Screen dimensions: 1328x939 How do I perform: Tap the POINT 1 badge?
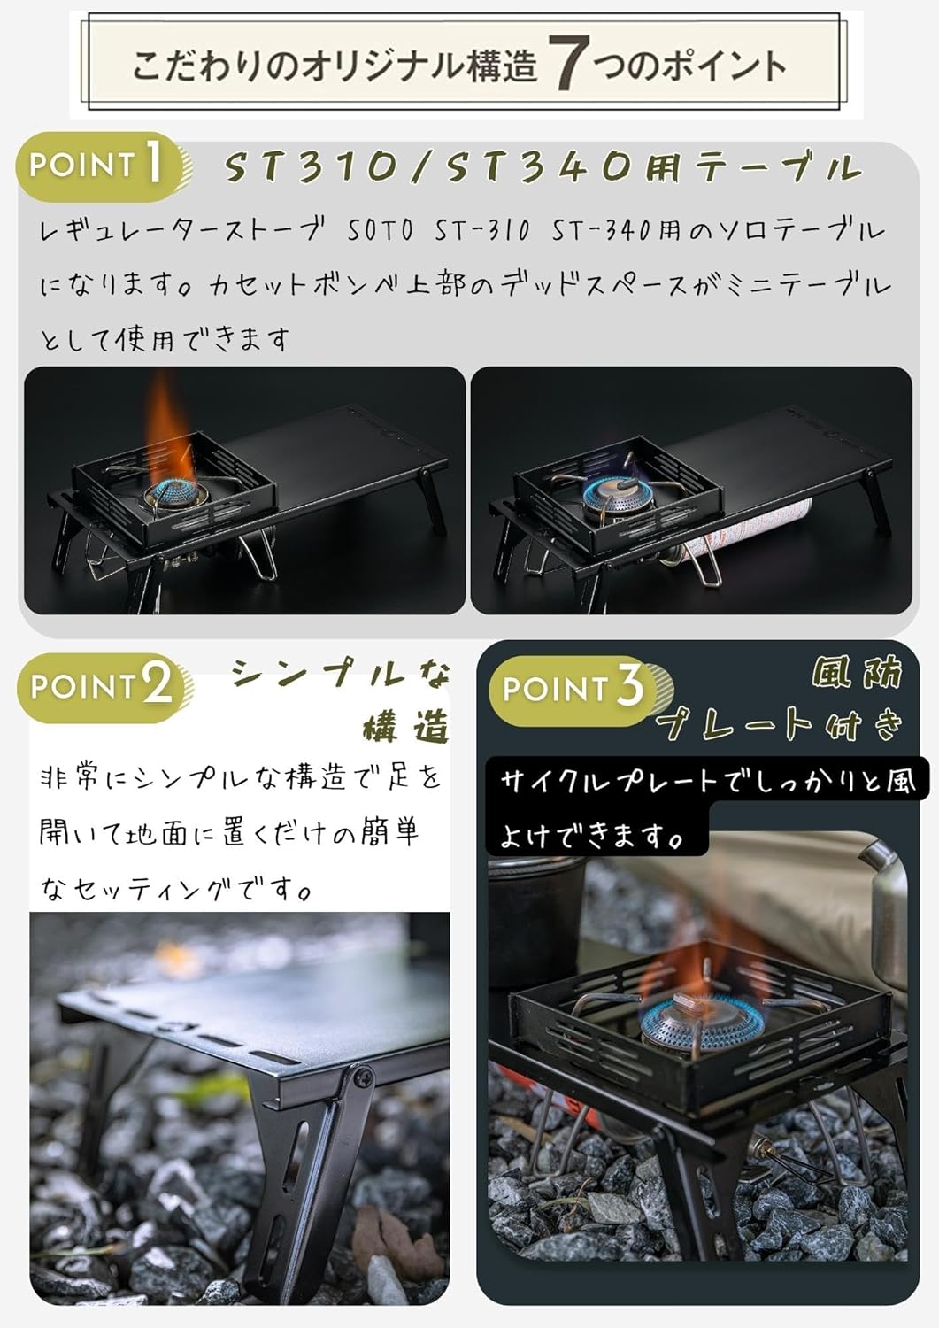(x=99, y=165)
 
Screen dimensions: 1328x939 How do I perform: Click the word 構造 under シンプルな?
(x=405, y=728)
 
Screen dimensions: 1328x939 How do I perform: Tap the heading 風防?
(x=857, y=673)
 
